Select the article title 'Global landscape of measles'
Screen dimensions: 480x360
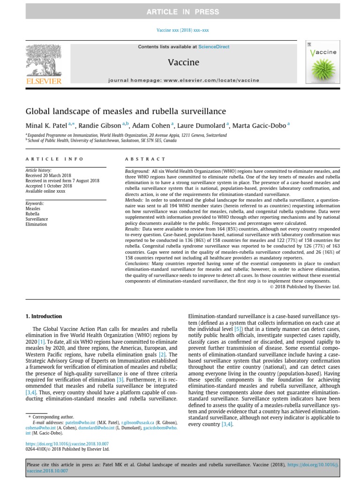[126, 111]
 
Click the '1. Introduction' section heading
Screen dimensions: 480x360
[43, 316]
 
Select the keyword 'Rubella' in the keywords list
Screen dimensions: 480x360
[33, 214]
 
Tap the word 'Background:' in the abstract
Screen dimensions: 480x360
[137, 172]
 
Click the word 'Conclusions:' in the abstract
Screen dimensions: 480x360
[138, 264]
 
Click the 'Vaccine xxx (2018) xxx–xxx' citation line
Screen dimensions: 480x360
[182, 30]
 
